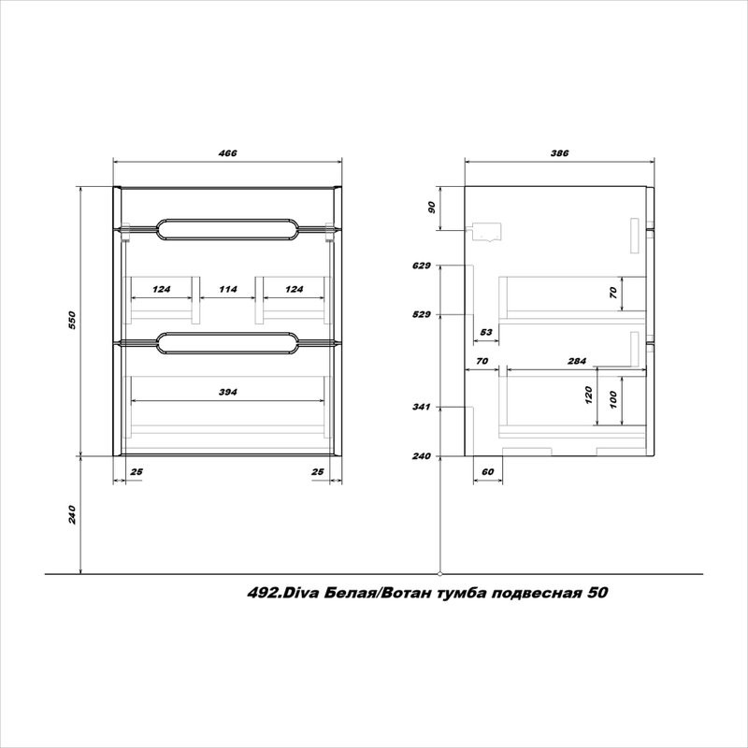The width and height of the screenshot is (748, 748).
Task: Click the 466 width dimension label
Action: click(x=227, y=153)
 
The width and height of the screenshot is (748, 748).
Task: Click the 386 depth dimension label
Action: click(x=560, y=153)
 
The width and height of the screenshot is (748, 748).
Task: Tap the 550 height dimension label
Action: click(x=72, y=321)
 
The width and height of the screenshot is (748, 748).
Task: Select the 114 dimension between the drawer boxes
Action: click(x=228, y=289)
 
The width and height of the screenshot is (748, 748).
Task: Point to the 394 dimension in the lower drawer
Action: click(x=228, y=392)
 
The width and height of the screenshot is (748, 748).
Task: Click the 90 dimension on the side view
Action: click(x=432, y=208)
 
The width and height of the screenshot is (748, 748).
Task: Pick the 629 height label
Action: click(x=422, y=266)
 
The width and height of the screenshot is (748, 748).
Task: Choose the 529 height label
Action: click(x=422, y=314)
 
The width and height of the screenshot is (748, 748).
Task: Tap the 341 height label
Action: click(x=422, y=407)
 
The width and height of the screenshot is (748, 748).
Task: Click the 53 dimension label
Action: click(x=486, y=332)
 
